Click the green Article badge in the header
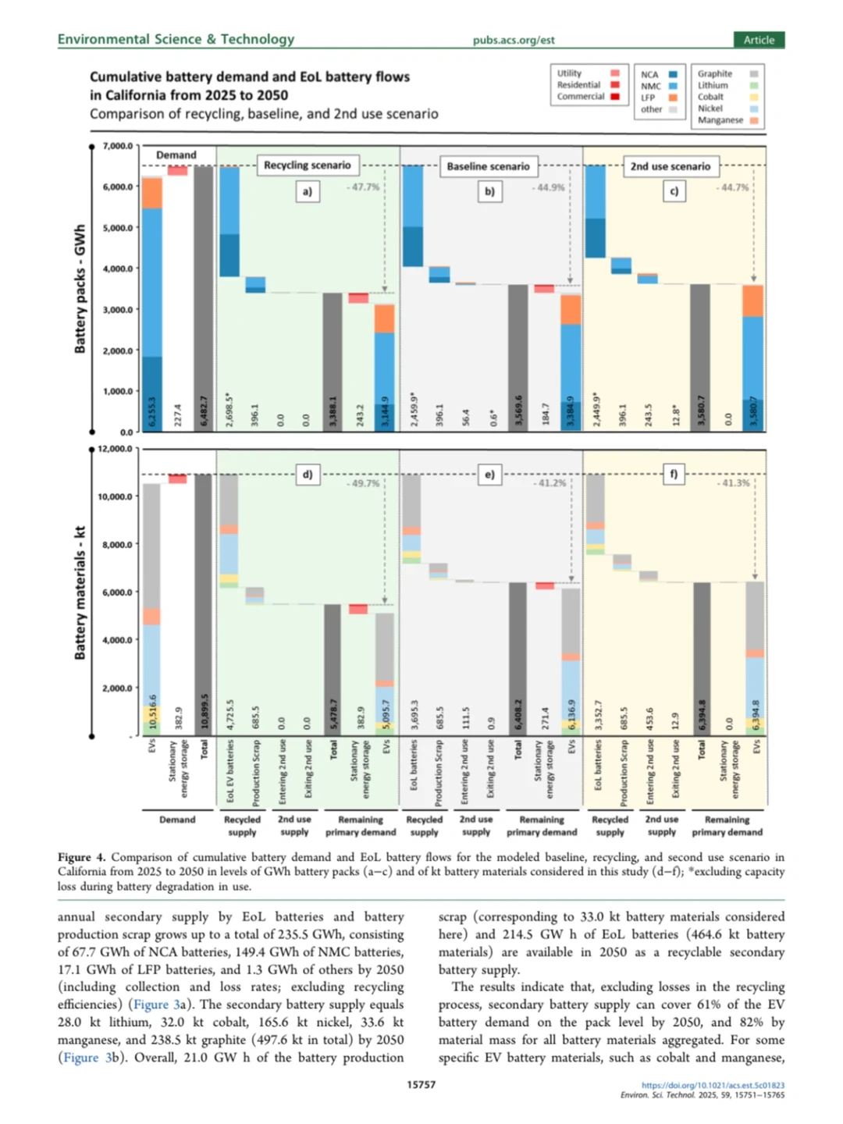[758, 40]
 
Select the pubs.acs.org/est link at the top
[513, 41]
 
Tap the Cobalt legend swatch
[753, 98]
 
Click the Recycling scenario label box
[307, 165]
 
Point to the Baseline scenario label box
[488, 166]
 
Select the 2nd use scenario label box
[670, 166]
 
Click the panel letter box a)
[307, 191]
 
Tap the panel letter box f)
[673, 474]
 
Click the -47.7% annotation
[364, 187]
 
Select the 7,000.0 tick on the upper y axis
[118, 146]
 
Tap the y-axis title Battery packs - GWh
[80, 289]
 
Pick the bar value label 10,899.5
[205, 710]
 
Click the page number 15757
[421, 1084]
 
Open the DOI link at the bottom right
[713, 1085]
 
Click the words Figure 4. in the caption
[80, 857]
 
